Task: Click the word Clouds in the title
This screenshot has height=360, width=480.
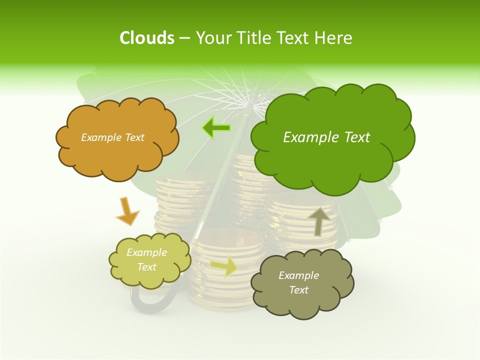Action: click(x=147, y=38)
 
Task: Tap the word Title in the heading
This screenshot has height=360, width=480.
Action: click(x=252, y=38)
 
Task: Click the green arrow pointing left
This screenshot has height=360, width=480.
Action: click(x=216, y=128)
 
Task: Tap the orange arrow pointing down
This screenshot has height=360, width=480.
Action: click(x=127, y=211)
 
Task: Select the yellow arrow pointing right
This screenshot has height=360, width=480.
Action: click(x=224, y=266)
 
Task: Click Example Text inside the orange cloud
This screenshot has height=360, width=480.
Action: click(x=112, y=137)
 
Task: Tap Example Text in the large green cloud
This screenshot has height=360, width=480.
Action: click(x=326, y=137)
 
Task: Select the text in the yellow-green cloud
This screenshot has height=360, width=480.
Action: click(x=146, y=260)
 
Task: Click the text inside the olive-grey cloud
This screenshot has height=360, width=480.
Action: click(x=298, y=282)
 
